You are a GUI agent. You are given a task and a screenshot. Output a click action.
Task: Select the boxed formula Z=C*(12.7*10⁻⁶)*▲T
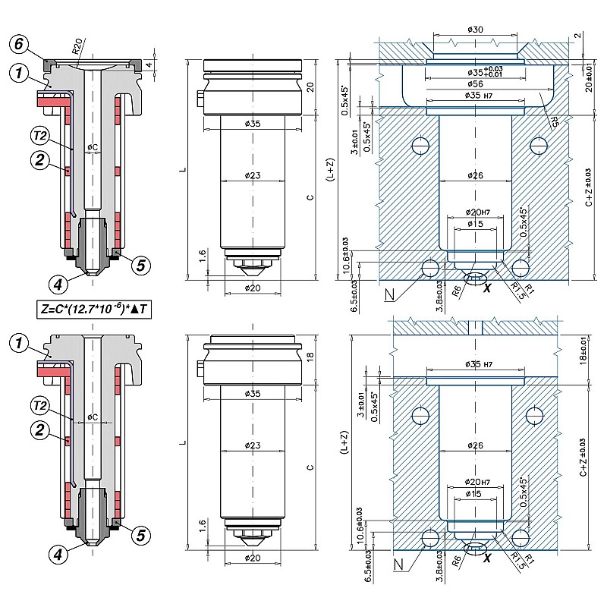pyautogui.click(x=92, y=310)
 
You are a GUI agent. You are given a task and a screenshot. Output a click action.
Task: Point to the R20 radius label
pyautogui.click(x=78, y=49)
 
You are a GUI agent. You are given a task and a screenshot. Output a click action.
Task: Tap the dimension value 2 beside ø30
pyautogui.click(x=577, y=36)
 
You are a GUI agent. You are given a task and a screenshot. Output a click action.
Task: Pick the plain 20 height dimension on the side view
pyautogui.click(x=309, y=87)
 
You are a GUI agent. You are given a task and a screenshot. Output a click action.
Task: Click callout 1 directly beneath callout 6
pyautogui.click(x=20, y=73)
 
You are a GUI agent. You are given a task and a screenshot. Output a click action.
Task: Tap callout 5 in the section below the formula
pyautogui.click(x=140, y=536)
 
